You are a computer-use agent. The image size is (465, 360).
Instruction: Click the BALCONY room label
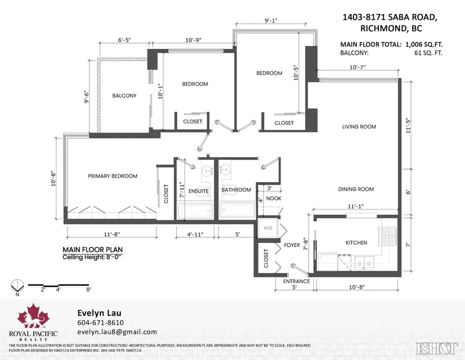pos(124,96)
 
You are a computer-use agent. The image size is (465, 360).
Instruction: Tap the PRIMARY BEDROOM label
pos(112,176)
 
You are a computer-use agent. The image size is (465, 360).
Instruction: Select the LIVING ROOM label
pos(359,127)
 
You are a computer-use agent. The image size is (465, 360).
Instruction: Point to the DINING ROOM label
pos(357,189)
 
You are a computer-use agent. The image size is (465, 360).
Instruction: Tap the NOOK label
pos(274,199)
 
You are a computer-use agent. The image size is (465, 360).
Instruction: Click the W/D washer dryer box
pos(269,228)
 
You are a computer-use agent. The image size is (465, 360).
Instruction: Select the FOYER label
pos(292,245)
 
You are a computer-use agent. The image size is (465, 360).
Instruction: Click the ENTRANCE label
pos(296,281)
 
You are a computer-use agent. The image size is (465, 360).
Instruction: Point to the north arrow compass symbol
pos(17,286)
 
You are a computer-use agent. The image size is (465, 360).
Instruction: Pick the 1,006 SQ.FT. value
pos(423,45)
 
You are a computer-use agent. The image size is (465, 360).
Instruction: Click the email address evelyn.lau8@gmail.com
pos(117,332)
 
